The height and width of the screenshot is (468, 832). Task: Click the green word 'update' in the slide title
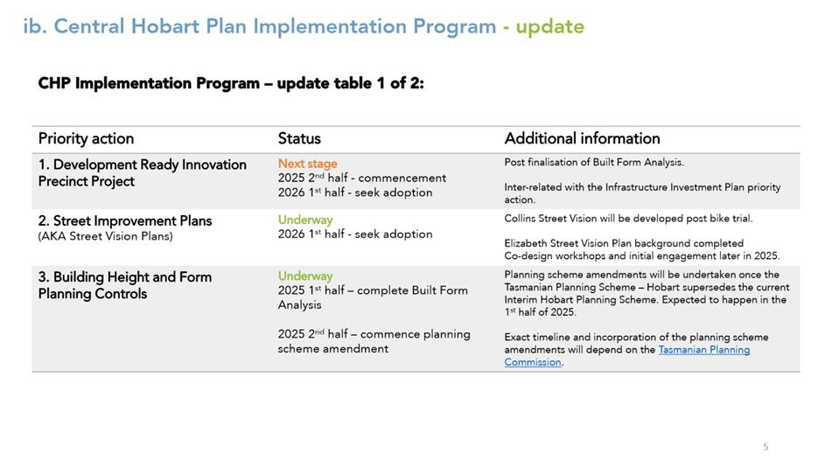click(549, 26)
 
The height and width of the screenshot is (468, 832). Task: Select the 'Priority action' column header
click(86, 138)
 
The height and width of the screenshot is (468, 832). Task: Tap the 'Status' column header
click(299, 138)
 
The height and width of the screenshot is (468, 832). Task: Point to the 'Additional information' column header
click(582, 138)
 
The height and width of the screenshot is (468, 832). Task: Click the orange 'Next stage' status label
click(308, 164)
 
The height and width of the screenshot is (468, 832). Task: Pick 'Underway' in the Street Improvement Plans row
click(305, 220)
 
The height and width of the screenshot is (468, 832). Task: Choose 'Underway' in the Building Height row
click(305, 276)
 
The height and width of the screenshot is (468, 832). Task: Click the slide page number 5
click(766, 447)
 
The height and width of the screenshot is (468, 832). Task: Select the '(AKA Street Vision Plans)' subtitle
click(106, 236)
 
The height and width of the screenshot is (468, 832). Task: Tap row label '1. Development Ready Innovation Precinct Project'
click(143, 173)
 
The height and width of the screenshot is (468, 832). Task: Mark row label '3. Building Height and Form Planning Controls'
click(125, 285)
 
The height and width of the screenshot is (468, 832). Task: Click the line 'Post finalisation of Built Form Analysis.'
click(594, 163)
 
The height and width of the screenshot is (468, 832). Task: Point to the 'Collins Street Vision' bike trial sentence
click(628, 219)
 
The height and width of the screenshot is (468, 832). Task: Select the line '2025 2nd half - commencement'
click(362, 178)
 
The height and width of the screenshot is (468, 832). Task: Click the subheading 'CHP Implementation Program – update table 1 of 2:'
click(231, 83)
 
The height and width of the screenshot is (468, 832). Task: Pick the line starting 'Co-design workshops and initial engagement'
click(642, 255)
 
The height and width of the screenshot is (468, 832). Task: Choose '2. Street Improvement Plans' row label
click(125, 220)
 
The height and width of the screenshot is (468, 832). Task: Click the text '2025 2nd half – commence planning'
click(374, 334)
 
